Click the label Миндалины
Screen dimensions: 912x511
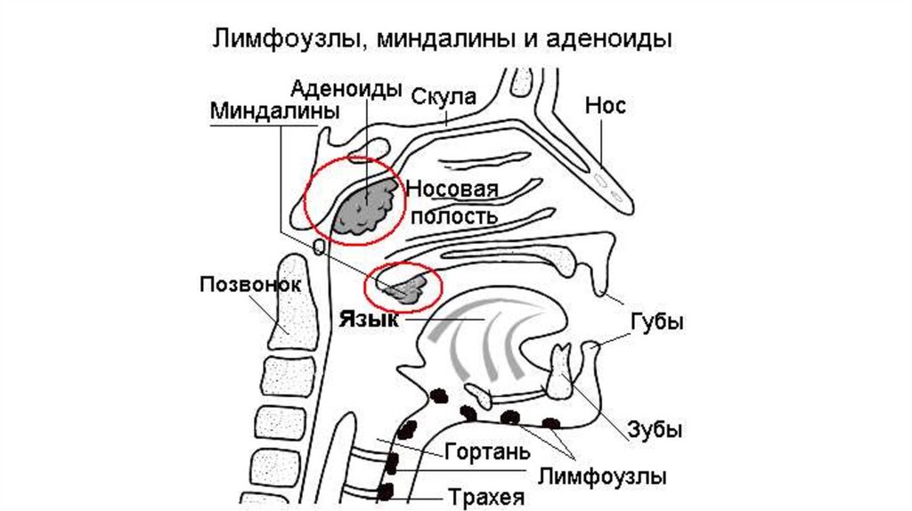click(274, 113)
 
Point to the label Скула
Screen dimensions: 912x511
click(444, 96)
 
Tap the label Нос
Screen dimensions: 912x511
click(606, 107)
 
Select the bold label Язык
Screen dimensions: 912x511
click(368, 319)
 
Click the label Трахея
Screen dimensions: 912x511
click(485, 497)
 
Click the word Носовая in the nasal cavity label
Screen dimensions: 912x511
click(451, 190)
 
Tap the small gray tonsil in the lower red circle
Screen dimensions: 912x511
click(406, 287)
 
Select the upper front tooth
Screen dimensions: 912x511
click(563, 369)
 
